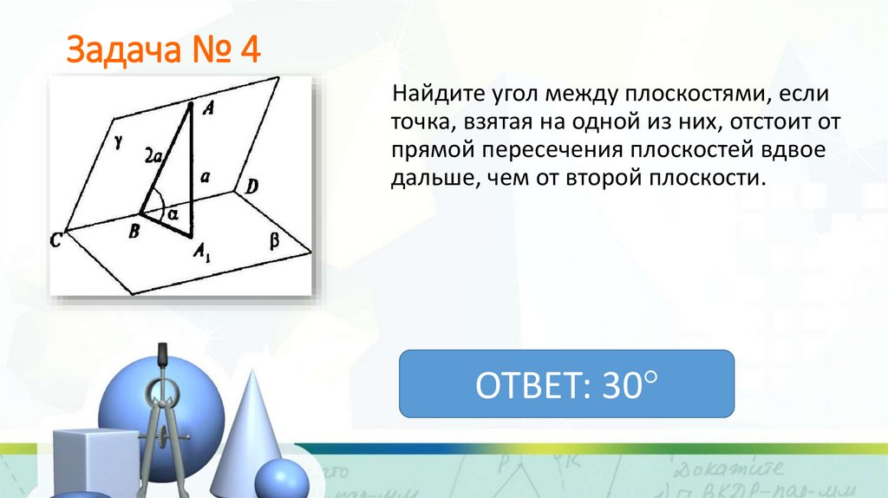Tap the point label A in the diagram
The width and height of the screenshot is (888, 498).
click(x=207, y=108)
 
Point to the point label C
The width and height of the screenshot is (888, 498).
click(x=55, y=241)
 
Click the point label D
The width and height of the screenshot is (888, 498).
click(x=251, y=185)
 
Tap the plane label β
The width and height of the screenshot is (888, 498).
click(x=275, y=242)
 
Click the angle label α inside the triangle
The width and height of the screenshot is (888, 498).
click(x=173, y=211)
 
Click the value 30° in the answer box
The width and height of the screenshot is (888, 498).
click(x=626, y=383)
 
